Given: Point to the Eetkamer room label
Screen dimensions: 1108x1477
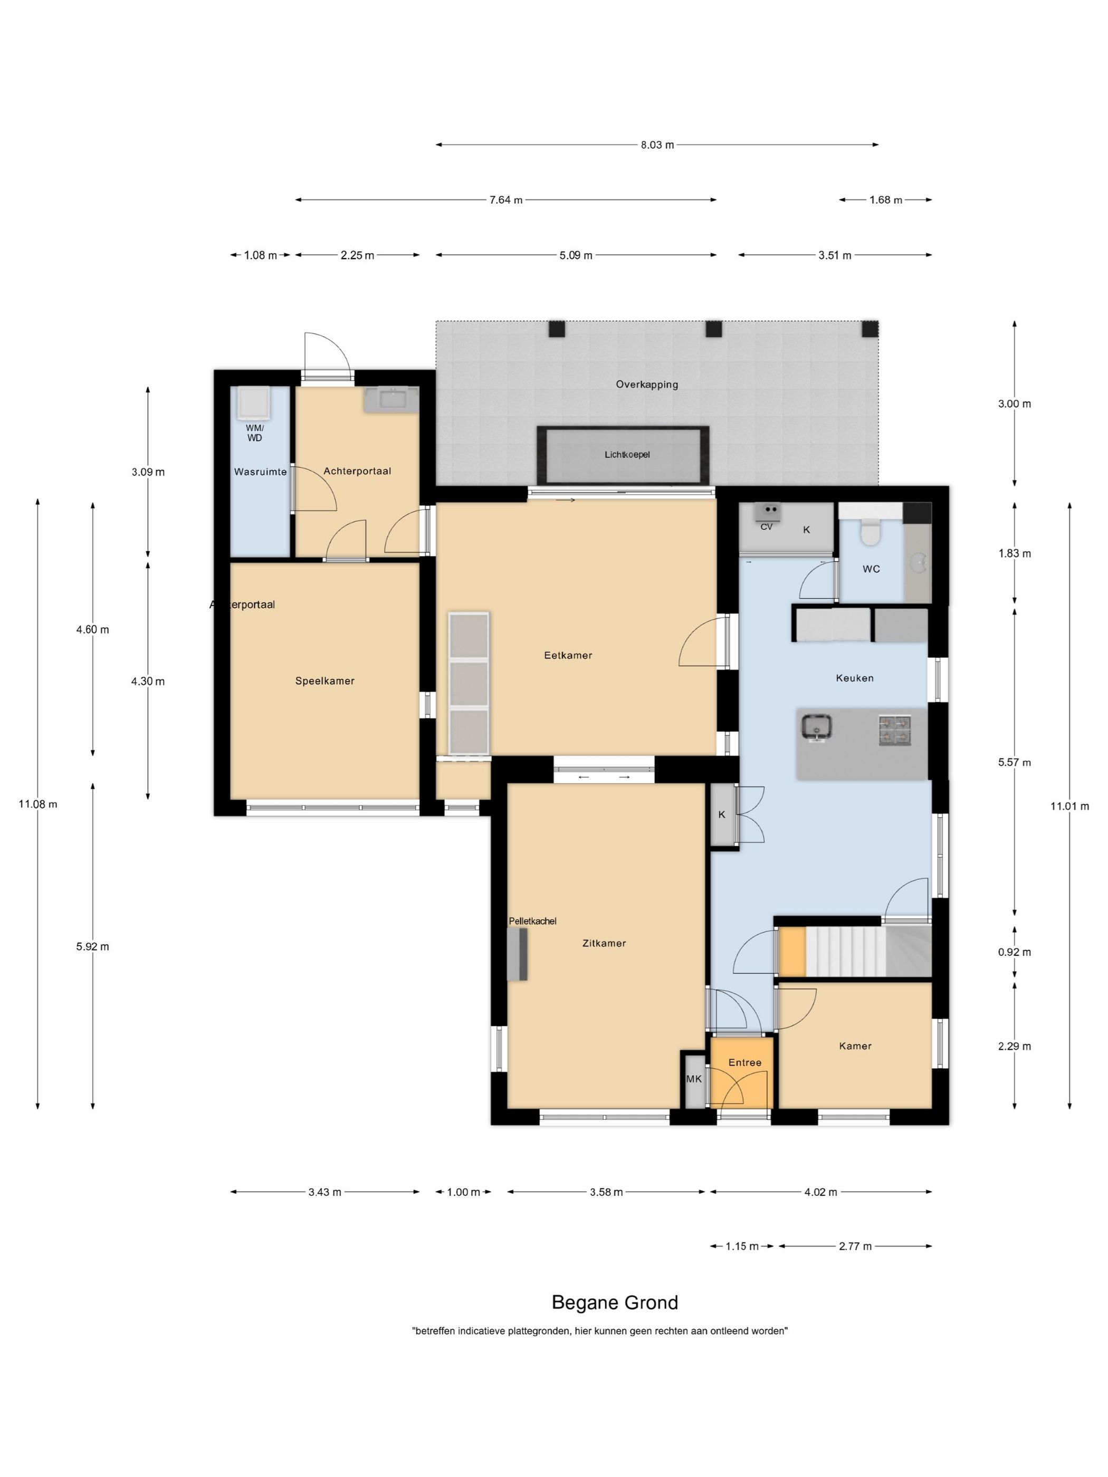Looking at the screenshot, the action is [x=568, y=656].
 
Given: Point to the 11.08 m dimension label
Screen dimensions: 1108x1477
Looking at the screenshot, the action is [x=38, y=804].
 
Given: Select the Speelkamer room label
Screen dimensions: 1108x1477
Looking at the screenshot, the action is [x=324, y=681].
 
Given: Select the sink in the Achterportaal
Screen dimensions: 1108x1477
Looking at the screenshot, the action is [x=391, y=400].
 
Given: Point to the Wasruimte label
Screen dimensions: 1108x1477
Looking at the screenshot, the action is [x=260, y=472].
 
